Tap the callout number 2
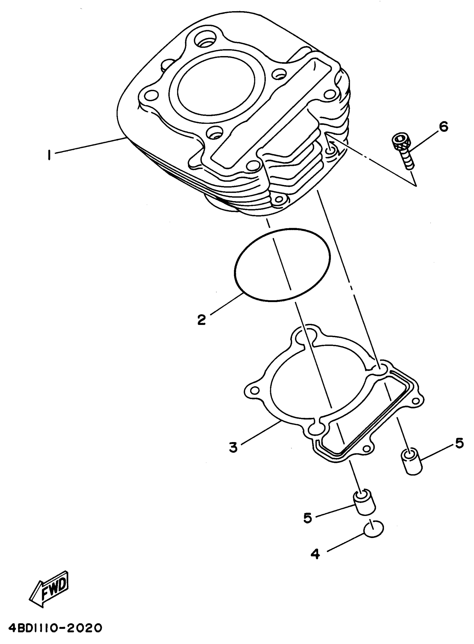point(201,320)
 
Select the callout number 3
point(233,447)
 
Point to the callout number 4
point(315,554)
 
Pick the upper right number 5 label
point(459,444)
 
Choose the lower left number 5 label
point(308,518)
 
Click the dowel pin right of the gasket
point(412,462)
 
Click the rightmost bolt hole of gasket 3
point(415,401)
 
